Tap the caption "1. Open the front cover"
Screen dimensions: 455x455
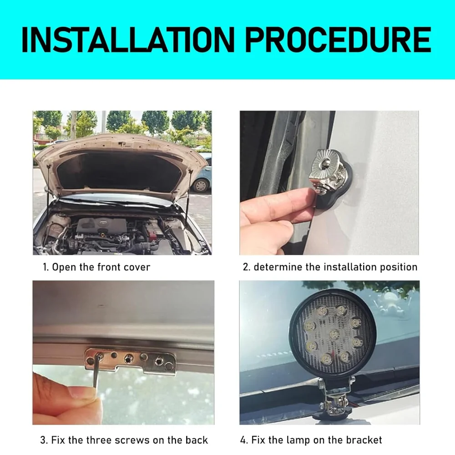96,267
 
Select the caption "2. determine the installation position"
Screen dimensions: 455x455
330,267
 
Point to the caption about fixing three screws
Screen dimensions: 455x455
124,440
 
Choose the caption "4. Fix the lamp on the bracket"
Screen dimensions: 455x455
311,440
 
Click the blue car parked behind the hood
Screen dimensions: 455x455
203,175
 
